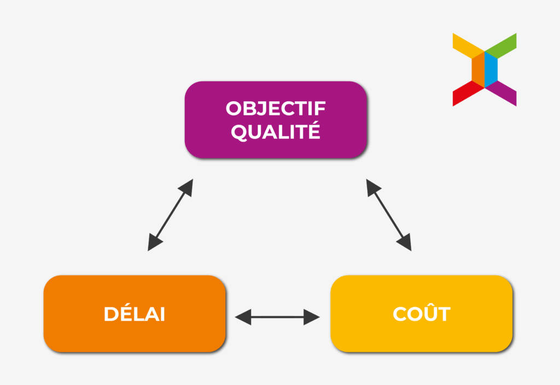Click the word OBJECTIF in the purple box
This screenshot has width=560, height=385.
(276, 108)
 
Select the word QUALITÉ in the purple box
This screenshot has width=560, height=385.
(276, 131)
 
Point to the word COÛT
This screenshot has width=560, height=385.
(422, 313)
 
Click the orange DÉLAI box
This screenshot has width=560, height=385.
(135, 313)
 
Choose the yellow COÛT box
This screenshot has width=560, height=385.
(422, 313)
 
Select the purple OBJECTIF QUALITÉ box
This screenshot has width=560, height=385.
(276, 120)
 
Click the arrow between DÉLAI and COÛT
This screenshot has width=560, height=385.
(277, 317)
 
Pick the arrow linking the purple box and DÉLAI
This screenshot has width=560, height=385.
(171, 215)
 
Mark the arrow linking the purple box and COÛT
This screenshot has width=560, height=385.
(389, 215)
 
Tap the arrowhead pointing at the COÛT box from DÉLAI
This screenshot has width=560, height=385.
(311, 317)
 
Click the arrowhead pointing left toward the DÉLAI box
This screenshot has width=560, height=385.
(243, 317)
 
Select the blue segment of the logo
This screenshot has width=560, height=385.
(491, 69)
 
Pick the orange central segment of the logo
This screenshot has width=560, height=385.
(478, 69)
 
